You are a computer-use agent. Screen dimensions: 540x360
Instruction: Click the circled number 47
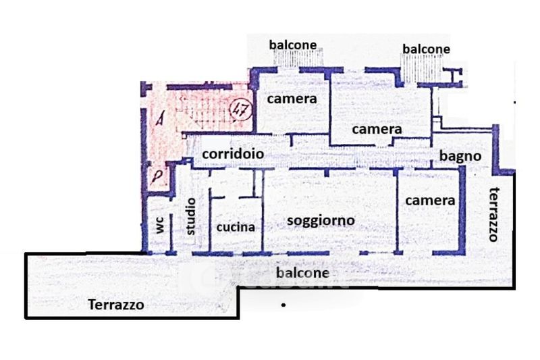point(241,110)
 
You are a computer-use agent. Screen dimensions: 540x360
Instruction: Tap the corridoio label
point(233,153)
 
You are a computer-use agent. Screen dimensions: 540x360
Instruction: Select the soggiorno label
point(321,221)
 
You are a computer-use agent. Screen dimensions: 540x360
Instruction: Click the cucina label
point(236,227)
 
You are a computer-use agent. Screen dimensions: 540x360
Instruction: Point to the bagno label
point(460,157)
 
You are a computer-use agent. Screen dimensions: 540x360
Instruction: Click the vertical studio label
point(190,216)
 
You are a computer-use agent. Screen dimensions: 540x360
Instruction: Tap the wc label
point(160,225)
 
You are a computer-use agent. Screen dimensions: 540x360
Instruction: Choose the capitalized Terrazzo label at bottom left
point(116,305)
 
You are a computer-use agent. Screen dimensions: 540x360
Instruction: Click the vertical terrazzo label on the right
point(495,214)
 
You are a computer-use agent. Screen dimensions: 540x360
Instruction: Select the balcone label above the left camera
point(293,45)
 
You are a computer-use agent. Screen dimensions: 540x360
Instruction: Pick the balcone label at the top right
point(427,49)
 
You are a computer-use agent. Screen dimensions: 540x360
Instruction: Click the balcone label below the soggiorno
point(302,273)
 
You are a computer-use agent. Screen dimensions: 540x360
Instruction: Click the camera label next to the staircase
point(292,99)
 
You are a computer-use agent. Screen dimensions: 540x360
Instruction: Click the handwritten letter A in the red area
point(159,118)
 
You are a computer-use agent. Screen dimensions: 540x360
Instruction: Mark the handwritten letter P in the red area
point(157,177)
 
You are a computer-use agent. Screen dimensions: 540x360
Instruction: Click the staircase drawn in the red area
point(203,111)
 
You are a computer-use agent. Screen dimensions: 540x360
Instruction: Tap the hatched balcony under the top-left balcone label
point(299,57)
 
